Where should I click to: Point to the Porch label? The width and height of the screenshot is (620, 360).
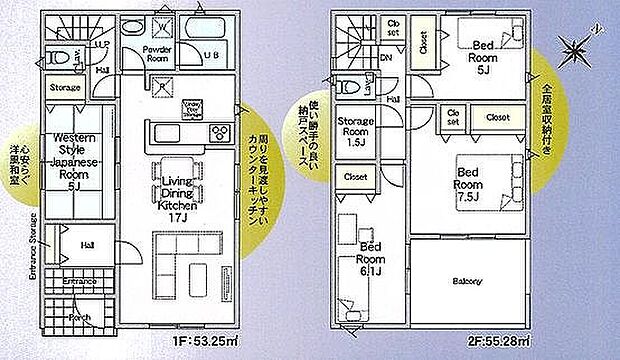point(79,319)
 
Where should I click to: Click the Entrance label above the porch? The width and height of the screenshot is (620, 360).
point(79,282)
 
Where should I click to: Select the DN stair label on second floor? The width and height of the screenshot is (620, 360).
point(386,59)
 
